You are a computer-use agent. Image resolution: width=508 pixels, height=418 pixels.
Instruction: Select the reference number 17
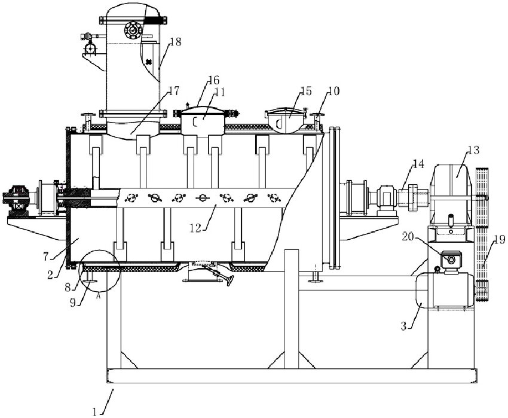[173, 91]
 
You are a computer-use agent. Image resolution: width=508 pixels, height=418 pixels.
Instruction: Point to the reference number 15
[305, 91]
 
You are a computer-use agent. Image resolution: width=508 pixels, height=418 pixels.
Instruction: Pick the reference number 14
[418, 163]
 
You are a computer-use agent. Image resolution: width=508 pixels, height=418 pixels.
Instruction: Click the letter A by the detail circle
[97, 294]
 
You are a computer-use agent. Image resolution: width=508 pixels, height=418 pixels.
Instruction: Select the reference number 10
[333, 91]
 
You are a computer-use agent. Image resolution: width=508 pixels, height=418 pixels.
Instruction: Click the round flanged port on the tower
[132, 29]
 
